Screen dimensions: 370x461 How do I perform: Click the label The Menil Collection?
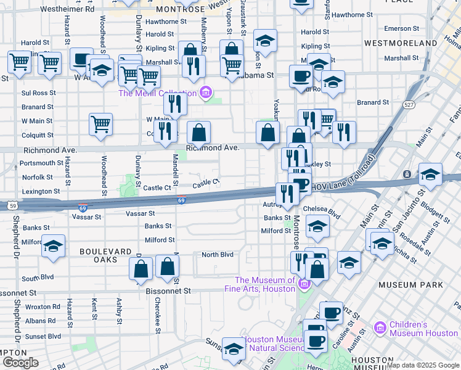pyautogui.click(x=157, y=93)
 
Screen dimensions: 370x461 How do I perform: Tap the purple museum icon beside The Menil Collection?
pyautogui.click(x=206, y=93)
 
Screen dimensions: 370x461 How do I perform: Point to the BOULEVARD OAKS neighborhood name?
pyautogui.click(x=105, y=255)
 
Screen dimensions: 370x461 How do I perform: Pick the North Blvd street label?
pyautogui.click(x=218, y=255)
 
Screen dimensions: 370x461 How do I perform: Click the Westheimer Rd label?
pyautogui.click(x=68, y=9)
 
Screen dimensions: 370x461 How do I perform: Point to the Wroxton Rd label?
pyautogui.click(x=42, y=306)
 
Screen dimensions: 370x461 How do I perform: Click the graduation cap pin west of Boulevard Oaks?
pyautogui.click(x=54, y=247)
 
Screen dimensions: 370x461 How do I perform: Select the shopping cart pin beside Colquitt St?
pyautogui.click(x=100, y=124)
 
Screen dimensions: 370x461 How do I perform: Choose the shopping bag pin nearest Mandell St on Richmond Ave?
pyautogui.click(x=199, y=132)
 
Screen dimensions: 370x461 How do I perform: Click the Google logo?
pyautogui.click(x=20, y=363)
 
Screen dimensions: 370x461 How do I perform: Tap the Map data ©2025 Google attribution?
pyautogui.click(x=422, y=365)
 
